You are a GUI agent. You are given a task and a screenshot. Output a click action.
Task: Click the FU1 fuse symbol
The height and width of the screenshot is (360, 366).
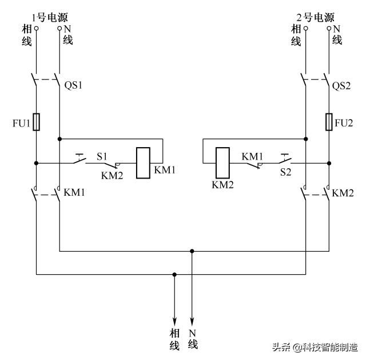click(37, 122)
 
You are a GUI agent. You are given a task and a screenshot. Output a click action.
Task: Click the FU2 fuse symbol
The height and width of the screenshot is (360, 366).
click(329, 122)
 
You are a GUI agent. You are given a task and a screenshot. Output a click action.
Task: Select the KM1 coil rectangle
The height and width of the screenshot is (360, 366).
click(143, 163)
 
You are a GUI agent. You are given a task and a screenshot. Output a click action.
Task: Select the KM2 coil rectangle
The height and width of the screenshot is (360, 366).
click(222, 163)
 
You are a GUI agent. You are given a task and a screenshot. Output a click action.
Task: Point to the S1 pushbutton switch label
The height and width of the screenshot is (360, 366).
click(101, 155)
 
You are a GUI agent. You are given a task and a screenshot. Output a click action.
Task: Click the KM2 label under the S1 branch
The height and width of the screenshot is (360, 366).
click(112, 175)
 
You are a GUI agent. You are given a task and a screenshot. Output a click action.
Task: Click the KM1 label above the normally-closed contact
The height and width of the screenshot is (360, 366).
click(252, 155)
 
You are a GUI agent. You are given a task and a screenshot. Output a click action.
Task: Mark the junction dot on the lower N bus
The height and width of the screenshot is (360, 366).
click(192, 250)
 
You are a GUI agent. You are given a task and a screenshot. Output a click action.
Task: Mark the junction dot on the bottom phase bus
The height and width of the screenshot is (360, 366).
click(174, 274)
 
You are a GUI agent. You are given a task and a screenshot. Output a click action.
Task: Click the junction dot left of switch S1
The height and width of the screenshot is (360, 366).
click(37, 163)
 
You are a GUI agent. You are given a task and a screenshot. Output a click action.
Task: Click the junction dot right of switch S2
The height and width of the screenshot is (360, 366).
click(329, 163)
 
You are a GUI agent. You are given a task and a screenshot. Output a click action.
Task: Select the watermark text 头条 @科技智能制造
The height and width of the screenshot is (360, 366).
click(314, 347)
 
